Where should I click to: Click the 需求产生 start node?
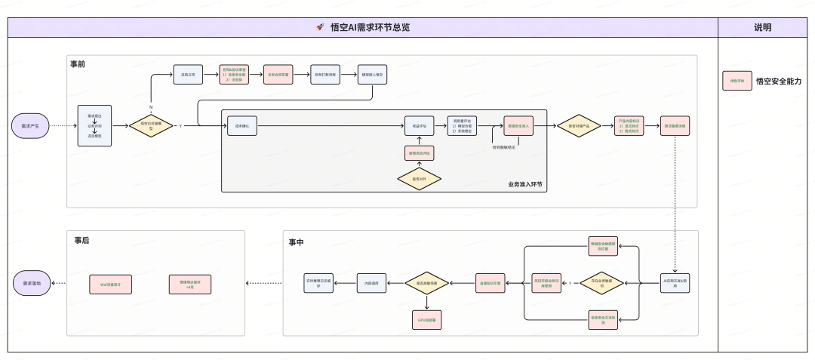(x=30, y=125)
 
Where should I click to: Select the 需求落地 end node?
(x=32, y=284)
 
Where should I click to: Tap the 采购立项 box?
(x=189, y=75)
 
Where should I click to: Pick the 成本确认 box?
(x=242, y=126)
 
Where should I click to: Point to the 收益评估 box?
(x=420, y=126)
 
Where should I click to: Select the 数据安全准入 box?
(x=520, y=126)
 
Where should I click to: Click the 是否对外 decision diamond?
(x=420, y=179)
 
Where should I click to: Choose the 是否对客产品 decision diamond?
(x=579, y=126)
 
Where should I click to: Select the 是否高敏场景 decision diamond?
(x=426, y=283)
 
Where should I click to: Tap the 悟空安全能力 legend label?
(x=778, y=81)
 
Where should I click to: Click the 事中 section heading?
(x=297, y=242)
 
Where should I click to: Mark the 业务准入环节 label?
(x=526, y=184)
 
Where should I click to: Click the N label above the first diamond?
(x=151, y=107)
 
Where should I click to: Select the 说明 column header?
(x=763, y=27)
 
